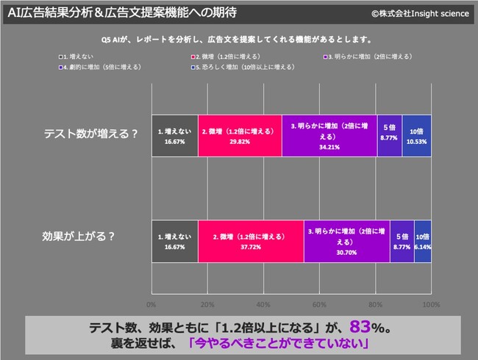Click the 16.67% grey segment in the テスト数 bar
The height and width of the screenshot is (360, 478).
click(x=175, y=136)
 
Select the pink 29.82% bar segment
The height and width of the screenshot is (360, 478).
click(x=240, y=136)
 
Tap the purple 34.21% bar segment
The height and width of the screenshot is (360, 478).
click(x=329, y=136)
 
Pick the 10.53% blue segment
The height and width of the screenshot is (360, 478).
click(x=416, y=136)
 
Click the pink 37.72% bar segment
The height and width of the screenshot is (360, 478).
click(x=251, y=241)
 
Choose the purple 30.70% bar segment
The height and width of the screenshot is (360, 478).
click(x=347, y=241)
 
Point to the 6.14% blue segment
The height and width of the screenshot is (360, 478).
click(x=423, y=241)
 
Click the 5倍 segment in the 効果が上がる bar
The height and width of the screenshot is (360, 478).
click(x=402, y=241)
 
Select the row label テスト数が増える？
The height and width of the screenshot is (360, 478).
click(x=91, y=134)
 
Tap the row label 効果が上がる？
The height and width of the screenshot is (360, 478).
click(x=79, y=236)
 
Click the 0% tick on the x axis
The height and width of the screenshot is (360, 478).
click(x=151, y=305)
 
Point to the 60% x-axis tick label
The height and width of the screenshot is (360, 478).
click(x=319, y=305)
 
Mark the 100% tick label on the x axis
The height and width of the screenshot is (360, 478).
click(x=432, y=305)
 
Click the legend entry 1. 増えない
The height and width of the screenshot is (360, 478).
click(x=76, y=57)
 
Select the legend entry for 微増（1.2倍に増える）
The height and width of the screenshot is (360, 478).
click(x=226, y=57)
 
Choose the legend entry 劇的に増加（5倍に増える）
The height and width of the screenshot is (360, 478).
click(x=100, y=67)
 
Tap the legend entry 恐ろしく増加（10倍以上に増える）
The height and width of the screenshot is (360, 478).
click(x=243, y=67)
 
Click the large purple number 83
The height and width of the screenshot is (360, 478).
click(x=360, y=326)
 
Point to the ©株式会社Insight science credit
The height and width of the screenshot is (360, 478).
click(x=420, y=13)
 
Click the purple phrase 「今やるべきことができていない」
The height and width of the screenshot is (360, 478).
click(x=278, y=343)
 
